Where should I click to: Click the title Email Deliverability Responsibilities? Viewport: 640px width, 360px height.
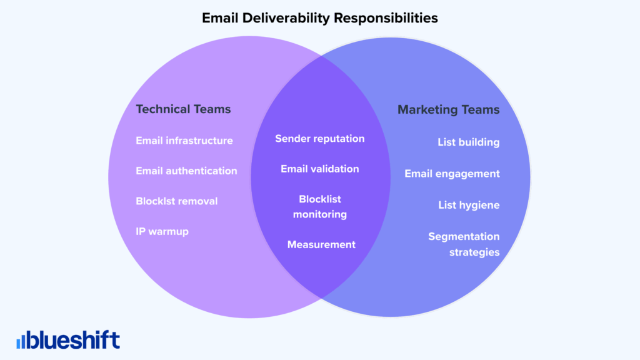319,18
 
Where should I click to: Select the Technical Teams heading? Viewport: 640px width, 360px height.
183,109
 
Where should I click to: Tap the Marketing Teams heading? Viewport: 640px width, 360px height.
449,110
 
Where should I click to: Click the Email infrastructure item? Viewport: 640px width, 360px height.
184,141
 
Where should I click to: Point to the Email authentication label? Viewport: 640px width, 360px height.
186,171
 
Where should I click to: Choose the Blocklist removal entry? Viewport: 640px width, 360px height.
177,201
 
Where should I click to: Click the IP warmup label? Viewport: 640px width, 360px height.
162,231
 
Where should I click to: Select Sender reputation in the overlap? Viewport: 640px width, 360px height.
319,138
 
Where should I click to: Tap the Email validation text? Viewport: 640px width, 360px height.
319,169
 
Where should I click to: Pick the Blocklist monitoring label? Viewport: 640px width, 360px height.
319,207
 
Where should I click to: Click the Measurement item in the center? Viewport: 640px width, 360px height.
321,244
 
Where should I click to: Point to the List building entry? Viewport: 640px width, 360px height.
468,142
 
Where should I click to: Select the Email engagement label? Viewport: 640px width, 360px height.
452,174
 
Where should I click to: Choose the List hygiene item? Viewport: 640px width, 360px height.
469,205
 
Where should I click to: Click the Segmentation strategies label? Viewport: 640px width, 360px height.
464,244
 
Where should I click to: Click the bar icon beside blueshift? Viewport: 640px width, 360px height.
22,341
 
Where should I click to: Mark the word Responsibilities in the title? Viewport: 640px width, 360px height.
386,18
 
